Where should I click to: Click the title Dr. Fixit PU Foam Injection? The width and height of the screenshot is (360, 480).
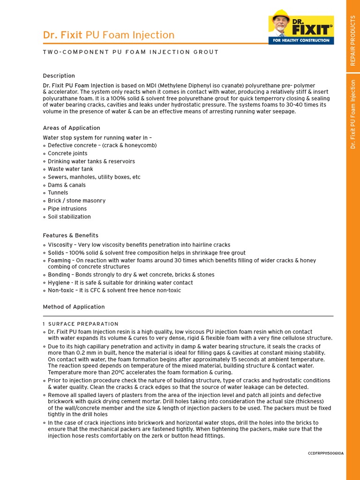(108, 35)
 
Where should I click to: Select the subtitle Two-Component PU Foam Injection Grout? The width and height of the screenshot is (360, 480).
(131, 52)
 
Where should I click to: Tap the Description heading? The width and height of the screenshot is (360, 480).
(59, 75)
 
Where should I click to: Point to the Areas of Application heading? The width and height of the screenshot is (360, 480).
(71, 128)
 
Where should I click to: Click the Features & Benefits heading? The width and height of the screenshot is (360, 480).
(70, 235)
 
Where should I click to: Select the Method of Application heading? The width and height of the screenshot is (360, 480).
(74, 307)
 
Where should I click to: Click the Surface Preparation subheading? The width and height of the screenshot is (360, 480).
(83, 324)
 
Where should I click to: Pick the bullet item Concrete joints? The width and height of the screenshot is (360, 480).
(67, 153)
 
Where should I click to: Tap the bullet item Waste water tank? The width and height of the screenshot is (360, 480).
(70, 169)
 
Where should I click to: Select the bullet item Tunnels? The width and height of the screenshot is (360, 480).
(58, 193)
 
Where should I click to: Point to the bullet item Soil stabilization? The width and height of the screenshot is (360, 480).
(69, 217)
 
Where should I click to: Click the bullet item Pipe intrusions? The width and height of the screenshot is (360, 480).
(67, 209)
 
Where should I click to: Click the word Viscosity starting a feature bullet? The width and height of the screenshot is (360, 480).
(60, 245)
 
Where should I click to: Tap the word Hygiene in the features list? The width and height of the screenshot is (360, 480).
(59, 283)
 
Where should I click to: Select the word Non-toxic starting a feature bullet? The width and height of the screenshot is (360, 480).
(60, 291)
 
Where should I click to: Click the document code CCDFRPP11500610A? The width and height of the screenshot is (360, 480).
(325, 453)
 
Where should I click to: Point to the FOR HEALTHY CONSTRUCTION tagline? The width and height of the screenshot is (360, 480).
(301, 41)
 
